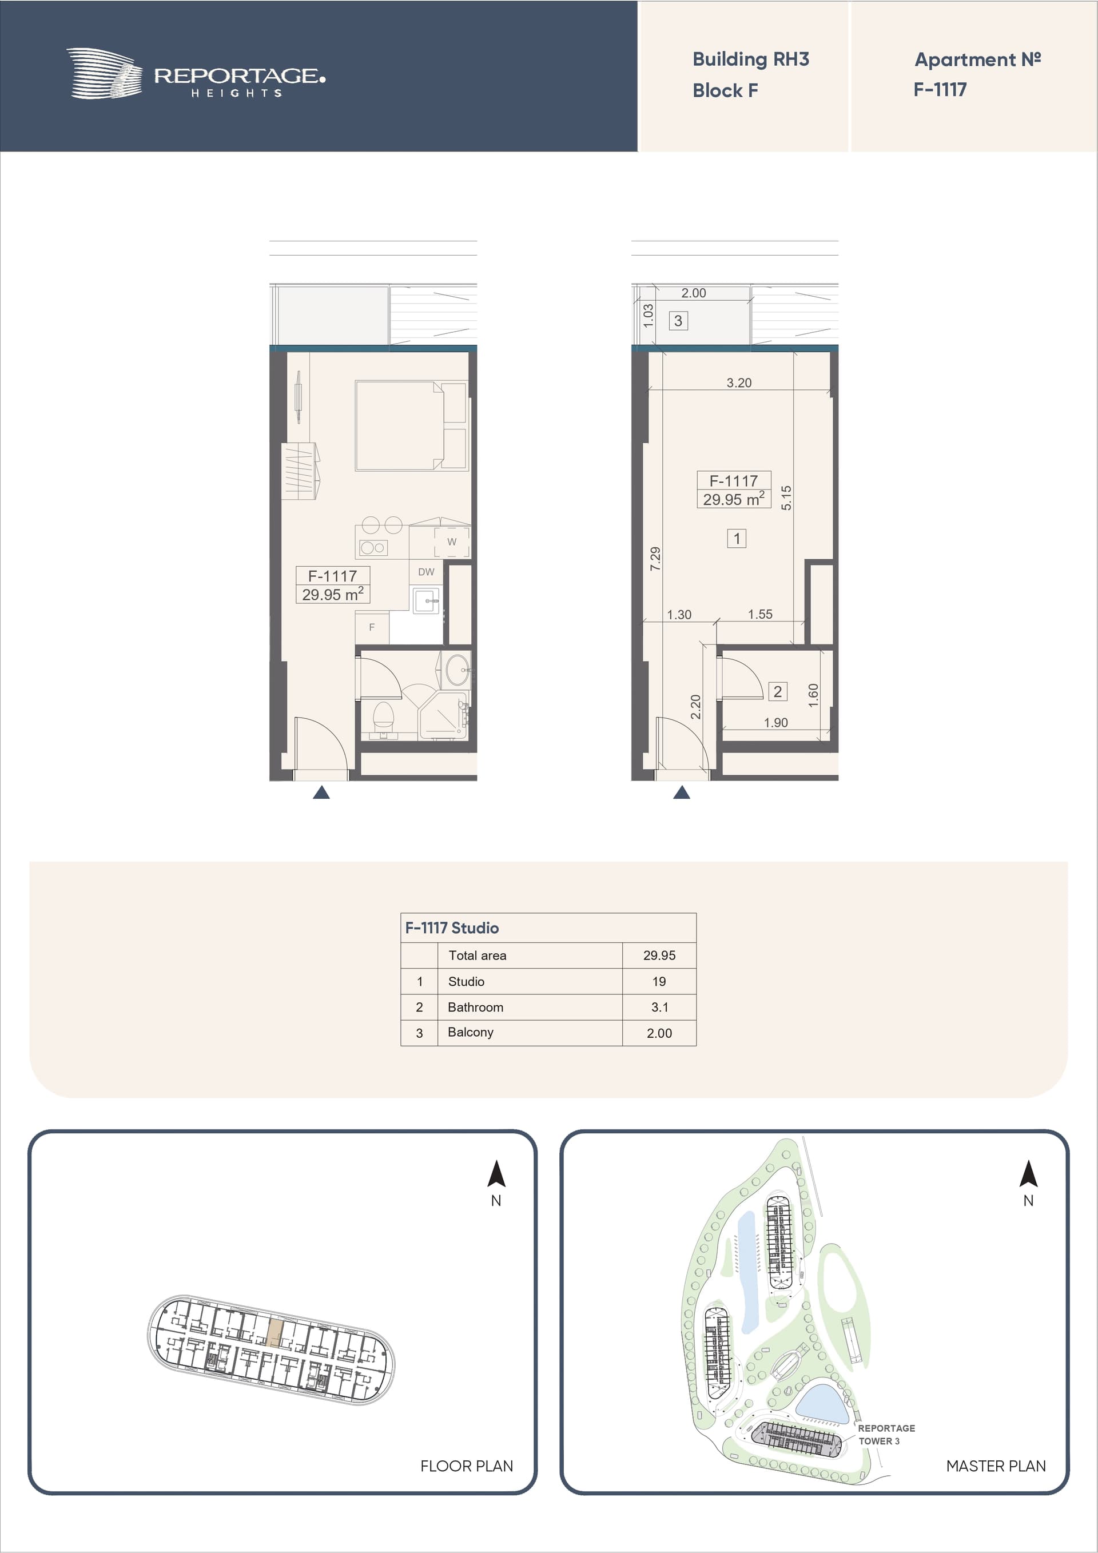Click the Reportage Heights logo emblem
click(104, 74)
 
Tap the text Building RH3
click(750, 59)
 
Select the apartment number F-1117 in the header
click(940, 89)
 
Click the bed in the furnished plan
click(411, 425)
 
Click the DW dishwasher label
click(426, 572)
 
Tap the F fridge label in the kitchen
click(371, 628)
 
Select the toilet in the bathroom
click(384, 719)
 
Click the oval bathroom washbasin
click(458, 670)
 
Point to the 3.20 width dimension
click(739, 383)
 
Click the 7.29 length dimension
click(655, 559)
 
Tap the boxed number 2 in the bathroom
click(777, 691)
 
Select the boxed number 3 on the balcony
click(678, 321)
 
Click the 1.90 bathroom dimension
click(775, 722)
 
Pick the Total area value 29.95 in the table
click(659, 955)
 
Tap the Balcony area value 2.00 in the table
click(659, 1033)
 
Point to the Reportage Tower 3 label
click(886, 1434)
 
